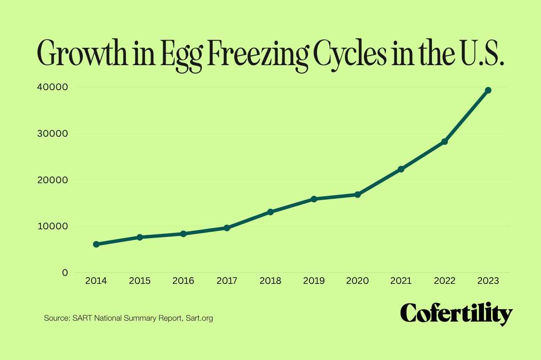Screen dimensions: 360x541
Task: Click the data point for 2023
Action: [x=488, y=90]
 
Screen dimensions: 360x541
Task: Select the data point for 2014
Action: [x=96, y=244]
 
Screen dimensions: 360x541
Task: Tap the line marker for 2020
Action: [x=358, y=195]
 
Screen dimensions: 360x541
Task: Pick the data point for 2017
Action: [x=227, y=228]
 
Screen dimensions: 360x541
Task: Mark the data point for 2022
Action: [x=444, y=141]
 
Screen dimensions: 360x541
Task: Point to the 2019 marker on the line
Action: [x=314, y=199]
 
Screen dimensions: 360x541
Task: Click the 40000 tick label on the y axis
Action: [x=52, y=87]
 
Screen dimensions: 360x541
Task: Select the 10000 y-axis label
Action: [x=52, y=226]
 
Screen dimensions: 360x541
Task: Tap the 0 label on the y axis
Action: [x=65, y=272]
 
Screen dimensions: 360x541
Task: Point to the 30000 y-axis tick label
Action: [x=52, y=133]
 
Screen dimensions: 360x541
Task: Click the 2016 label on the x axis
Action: [x=183, y=281]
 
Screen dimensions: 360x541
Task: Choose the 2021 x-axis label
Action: [x=401, y=281]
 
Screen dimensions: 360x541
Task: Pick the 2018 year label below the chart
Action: [x=270, y=281]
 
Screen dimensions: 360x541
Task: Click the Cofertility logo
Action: [x=456, y=314]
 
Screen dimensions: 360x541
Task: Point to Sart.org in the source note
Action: [x=199, y=318]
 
